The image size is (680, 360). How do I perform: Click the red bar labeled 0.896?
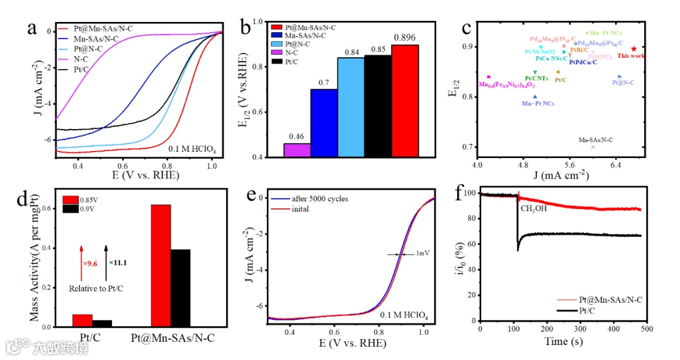(x=405, y=101)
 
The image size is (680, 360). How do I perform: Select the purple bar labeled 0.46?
(x=297, y=150)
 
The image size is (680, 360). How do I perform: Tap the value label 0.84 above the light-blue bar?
(x=351, y=52)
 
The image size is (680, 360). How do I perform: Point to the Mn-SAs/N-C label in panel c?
(x=595, y=140)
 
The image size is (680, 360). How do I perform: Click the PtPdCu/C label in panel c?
(x=583, y=62)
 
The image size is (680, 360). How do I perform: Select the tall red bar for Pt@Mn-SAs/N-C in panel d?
(x=161, y=265)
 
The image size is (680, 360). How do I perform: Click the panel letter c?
(x=467, y=28)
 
